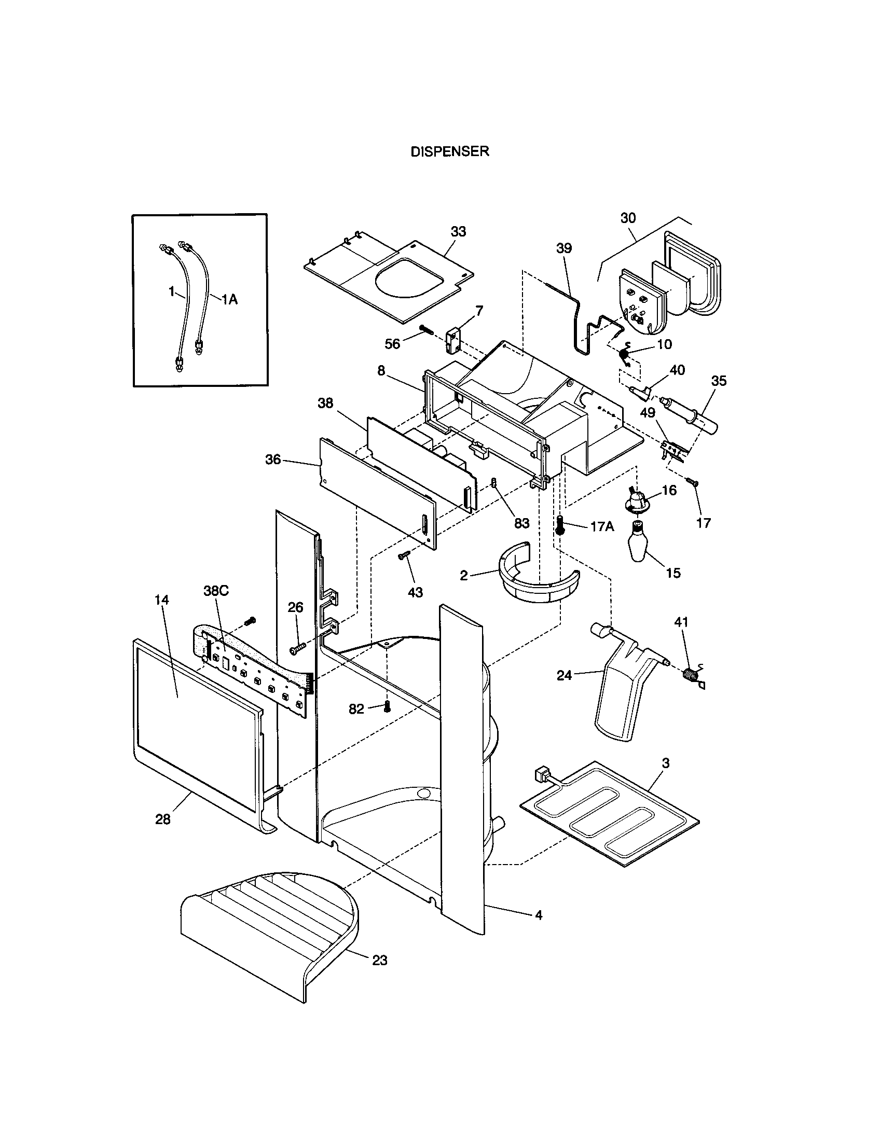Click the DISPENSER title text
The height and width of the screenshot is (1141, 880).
pos(449,151)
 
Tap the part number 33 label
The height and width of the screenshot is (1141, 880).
pos(458,231)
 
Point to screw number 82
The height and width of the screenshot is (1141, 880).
pos(387,707)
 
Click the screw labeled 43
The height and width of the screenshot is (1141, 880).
pos(405,557)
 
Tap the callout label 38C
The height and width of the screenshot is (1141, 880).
pos(215,591)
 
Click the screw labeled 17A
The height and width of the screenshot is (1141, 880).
pos(561,524)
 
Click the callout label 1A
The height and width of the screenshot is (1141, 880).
pos(230,299)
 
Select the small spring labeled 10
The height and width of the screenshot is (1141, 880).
pos(625,355)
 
